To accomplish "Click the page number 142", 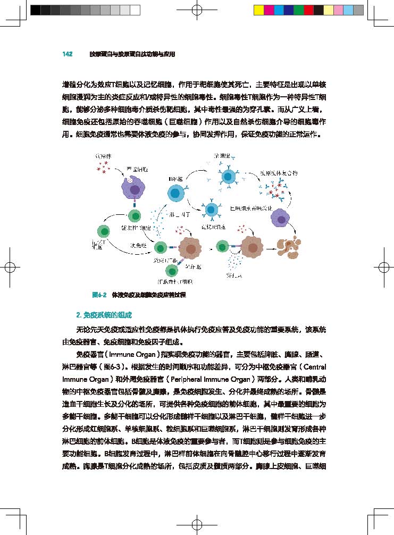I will pos(67,54).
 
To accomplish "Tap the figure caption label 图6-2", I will pos(100,294).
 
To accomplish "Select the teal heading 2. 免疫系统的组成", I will pos(104,315).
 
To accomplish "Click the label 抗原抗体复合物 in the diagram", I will pos(282,173).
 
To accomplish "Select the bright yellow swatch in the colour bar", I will pos(258,10).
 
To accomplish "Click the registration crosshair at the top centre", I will pos(197,10).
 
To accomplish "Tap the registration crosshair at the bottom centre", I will pos(197,524).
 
